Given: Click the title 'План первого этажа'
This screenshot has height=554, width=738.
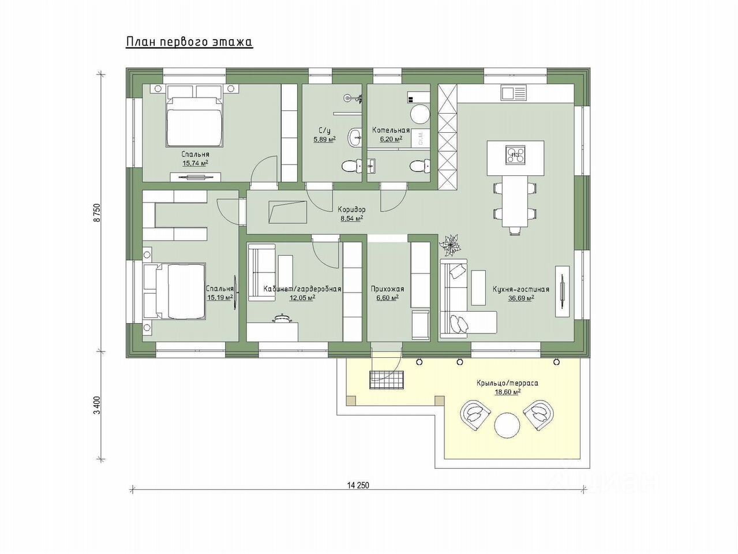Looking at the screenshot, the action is [x=189, y=42].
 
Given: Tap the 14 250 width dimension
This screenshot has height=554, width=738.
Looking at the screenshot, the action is [x=358, y=485].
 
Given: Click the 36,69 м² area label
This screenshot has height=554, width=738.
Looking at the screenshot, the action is [x=520, y=298].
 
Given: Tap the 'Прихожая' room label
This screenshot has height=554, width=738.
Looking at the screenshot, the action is [x=387, y=289].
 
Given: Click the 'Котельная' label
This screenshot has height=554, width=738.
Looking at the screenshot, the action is [x=391, y=130].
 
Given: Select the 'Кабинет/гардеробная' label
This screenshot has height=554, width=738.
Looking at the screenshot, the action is [x=302, y=289].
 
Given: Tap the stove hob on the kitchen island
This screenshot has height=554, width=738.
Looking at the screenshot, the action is [x=515, y=154].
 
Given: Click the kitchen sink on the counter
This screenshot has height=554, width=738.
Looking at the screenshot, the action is [x=513, y=92].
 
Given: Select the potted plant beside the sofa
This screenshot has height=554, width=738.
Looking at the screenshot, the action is [x=449, y=245].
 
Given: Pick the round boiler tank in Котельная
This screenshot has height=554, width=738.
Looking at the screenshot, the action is [x=419, y=115].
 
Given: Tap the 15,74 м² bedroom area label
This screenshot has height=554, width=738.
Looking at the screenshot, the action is [x=195, y=164].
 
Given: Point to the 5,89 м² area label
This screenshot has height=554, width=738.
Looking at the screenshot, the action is [x=324, y=139].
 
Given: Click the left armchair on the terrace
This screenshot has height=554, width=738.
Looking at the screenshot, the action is [x=475, y=413].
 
